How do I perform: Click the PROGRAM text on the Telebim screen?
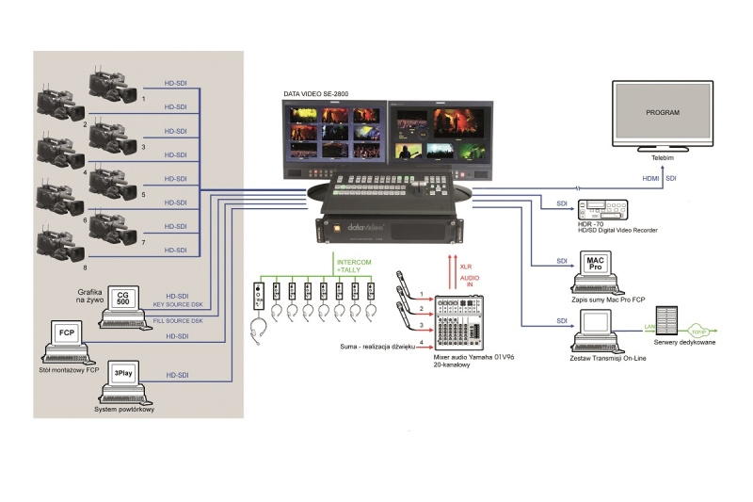point(663,112)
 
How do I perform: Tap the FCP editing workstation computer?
point(67,339)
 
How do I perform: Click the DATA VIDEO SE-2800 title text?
point(323,94)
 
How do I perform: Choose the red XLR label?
point(464,267)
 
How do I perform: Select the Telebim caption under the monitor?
point(663,162)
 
